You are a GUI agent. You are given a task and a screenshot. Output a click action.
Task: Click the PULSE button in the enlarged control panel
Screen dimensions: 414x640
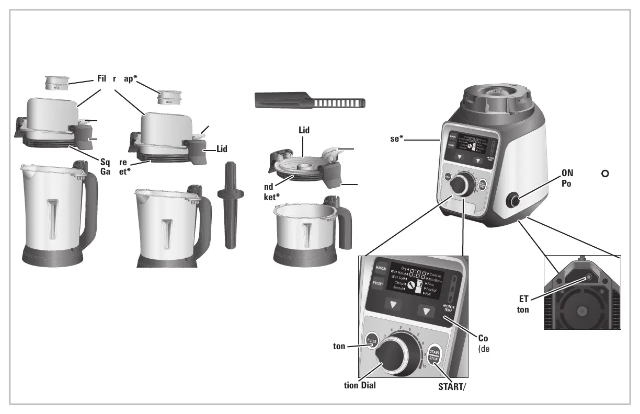(372, 340)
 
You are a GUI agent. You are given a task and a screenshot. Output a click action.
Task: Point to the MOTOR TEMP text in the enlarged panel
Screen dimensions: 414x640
(449, 308)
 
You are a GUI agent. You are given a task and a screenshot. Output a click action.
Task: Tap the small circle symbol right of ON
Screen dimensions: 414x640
(606, 174)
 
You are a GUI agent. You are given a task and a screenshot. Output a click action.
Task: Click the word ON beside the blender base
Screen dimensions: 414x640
(568, 174)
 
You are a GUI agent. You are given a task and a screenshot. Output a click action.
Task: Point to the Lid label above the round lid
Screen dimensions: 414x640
(304, 130)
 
